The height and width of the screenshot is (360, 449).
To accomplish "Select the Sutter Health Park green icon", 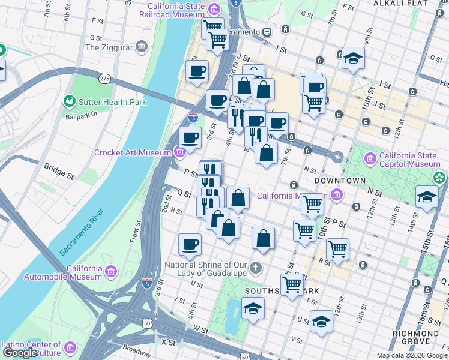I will point(70,102).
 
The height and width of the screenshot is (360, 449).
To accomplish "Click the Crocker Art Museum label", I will point(132,153).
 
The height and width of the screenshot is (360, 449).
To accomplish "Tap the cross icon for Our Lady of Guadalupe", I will point(255,267).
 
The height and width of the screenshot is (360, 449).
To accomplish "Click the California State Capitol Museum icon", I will point(370,159).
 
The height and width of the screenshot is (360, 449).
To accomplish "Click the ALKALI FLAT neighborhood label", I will point(400,4).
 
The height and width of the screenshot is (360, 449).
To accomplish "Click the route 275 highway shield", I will point(104,78).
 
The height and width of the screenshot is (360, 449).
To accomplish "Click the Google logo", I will point(20,353).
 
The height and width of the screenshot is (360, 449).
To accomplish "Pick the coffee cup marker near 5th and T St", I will point(190,245).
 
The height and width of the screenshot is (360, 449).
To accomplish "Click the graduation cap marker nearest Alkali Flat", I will point(352,59).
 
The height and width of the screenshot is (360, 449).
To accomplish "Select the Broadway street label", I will point(136,350).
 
